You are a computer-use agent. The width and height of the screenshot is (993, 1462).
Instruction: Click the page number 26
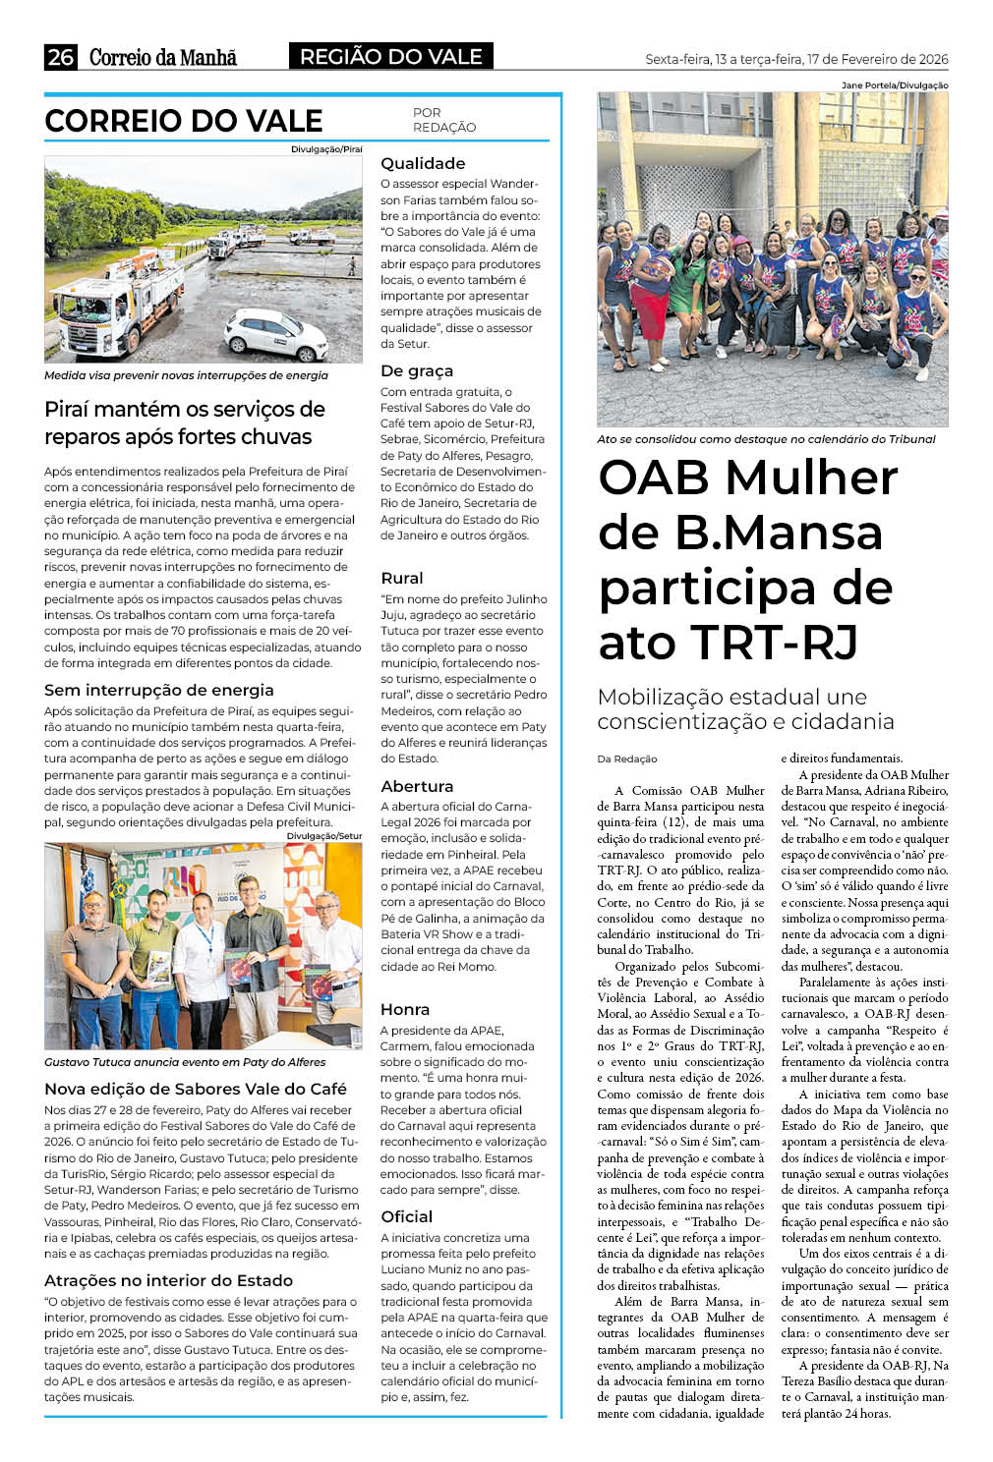[60, 57]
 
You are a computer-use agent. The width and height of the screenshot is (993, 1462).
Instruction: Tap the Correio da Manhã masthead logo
[163, 57]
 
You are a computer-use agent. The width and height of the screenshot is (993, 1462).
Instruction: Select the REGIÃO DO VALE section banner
[390, 57]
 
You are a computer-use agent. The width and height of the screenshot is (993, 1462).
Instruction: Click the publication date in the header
[795, 59]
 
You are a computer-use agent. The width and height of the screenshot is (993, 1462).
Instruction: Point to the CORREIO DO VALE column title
[184, 121]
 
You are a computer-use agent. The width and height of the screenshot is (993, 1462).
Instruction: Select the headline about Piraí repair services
[185, 422]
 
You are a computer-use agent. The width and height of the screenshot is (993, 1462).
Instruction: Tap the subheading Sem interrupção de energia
[159, 690]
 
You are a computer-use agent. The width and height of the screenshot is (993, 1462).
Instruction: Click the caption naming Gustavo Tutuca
[185, 1062]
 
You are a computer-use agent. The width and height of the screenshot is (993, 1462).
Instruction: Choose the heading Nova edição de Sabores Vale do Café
[196, 1089]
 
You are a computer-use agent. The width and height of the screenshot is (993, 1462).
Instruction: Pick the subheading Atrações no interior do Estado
[168, 1280]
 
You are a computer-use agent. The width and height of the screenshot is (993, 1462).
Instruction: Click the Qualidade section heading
[423, 163]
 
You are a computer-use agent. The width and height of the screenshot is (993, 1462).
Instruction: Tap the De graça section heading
[417, 370]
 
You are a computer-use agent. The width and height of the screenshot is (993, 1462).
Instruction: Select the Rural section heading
[402, 578]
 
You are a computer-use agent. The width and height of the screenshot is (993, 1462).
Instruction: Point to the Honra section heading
[405, 1009]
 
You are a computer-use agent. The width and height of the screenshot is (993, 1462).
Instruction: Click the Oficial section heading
[407, 1216]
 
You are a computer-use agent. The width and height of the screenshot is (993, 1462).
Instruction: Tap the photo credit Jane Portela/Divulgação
[895, 85]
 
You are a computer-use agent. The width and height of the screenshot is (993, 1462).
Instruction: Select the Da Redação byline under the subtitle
[627, 759]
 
